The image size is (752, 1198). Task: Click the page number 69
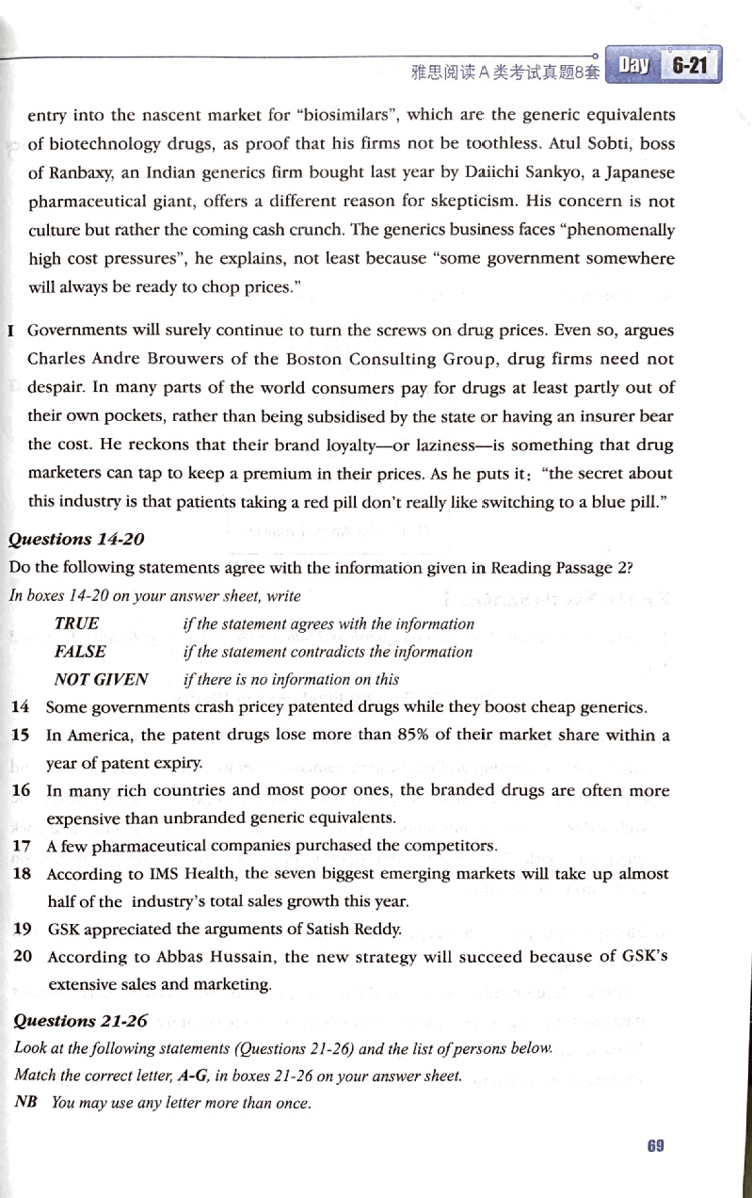click(x=656, y=1145)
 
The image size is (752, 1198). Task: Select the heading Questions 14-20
click(x=63, y=539)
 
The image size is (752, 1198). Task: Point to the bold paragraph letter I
click(x=10, y=332)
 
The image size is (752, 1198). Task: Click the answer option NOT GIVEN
click(x=102, y=679)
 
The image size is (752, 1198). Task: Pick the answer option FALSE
click(x=80, y=652)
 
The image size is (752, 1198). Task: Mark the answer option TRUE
click(x=76, y=623)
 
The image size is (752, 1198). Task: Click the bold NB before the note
click(x=25, y=1103)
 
